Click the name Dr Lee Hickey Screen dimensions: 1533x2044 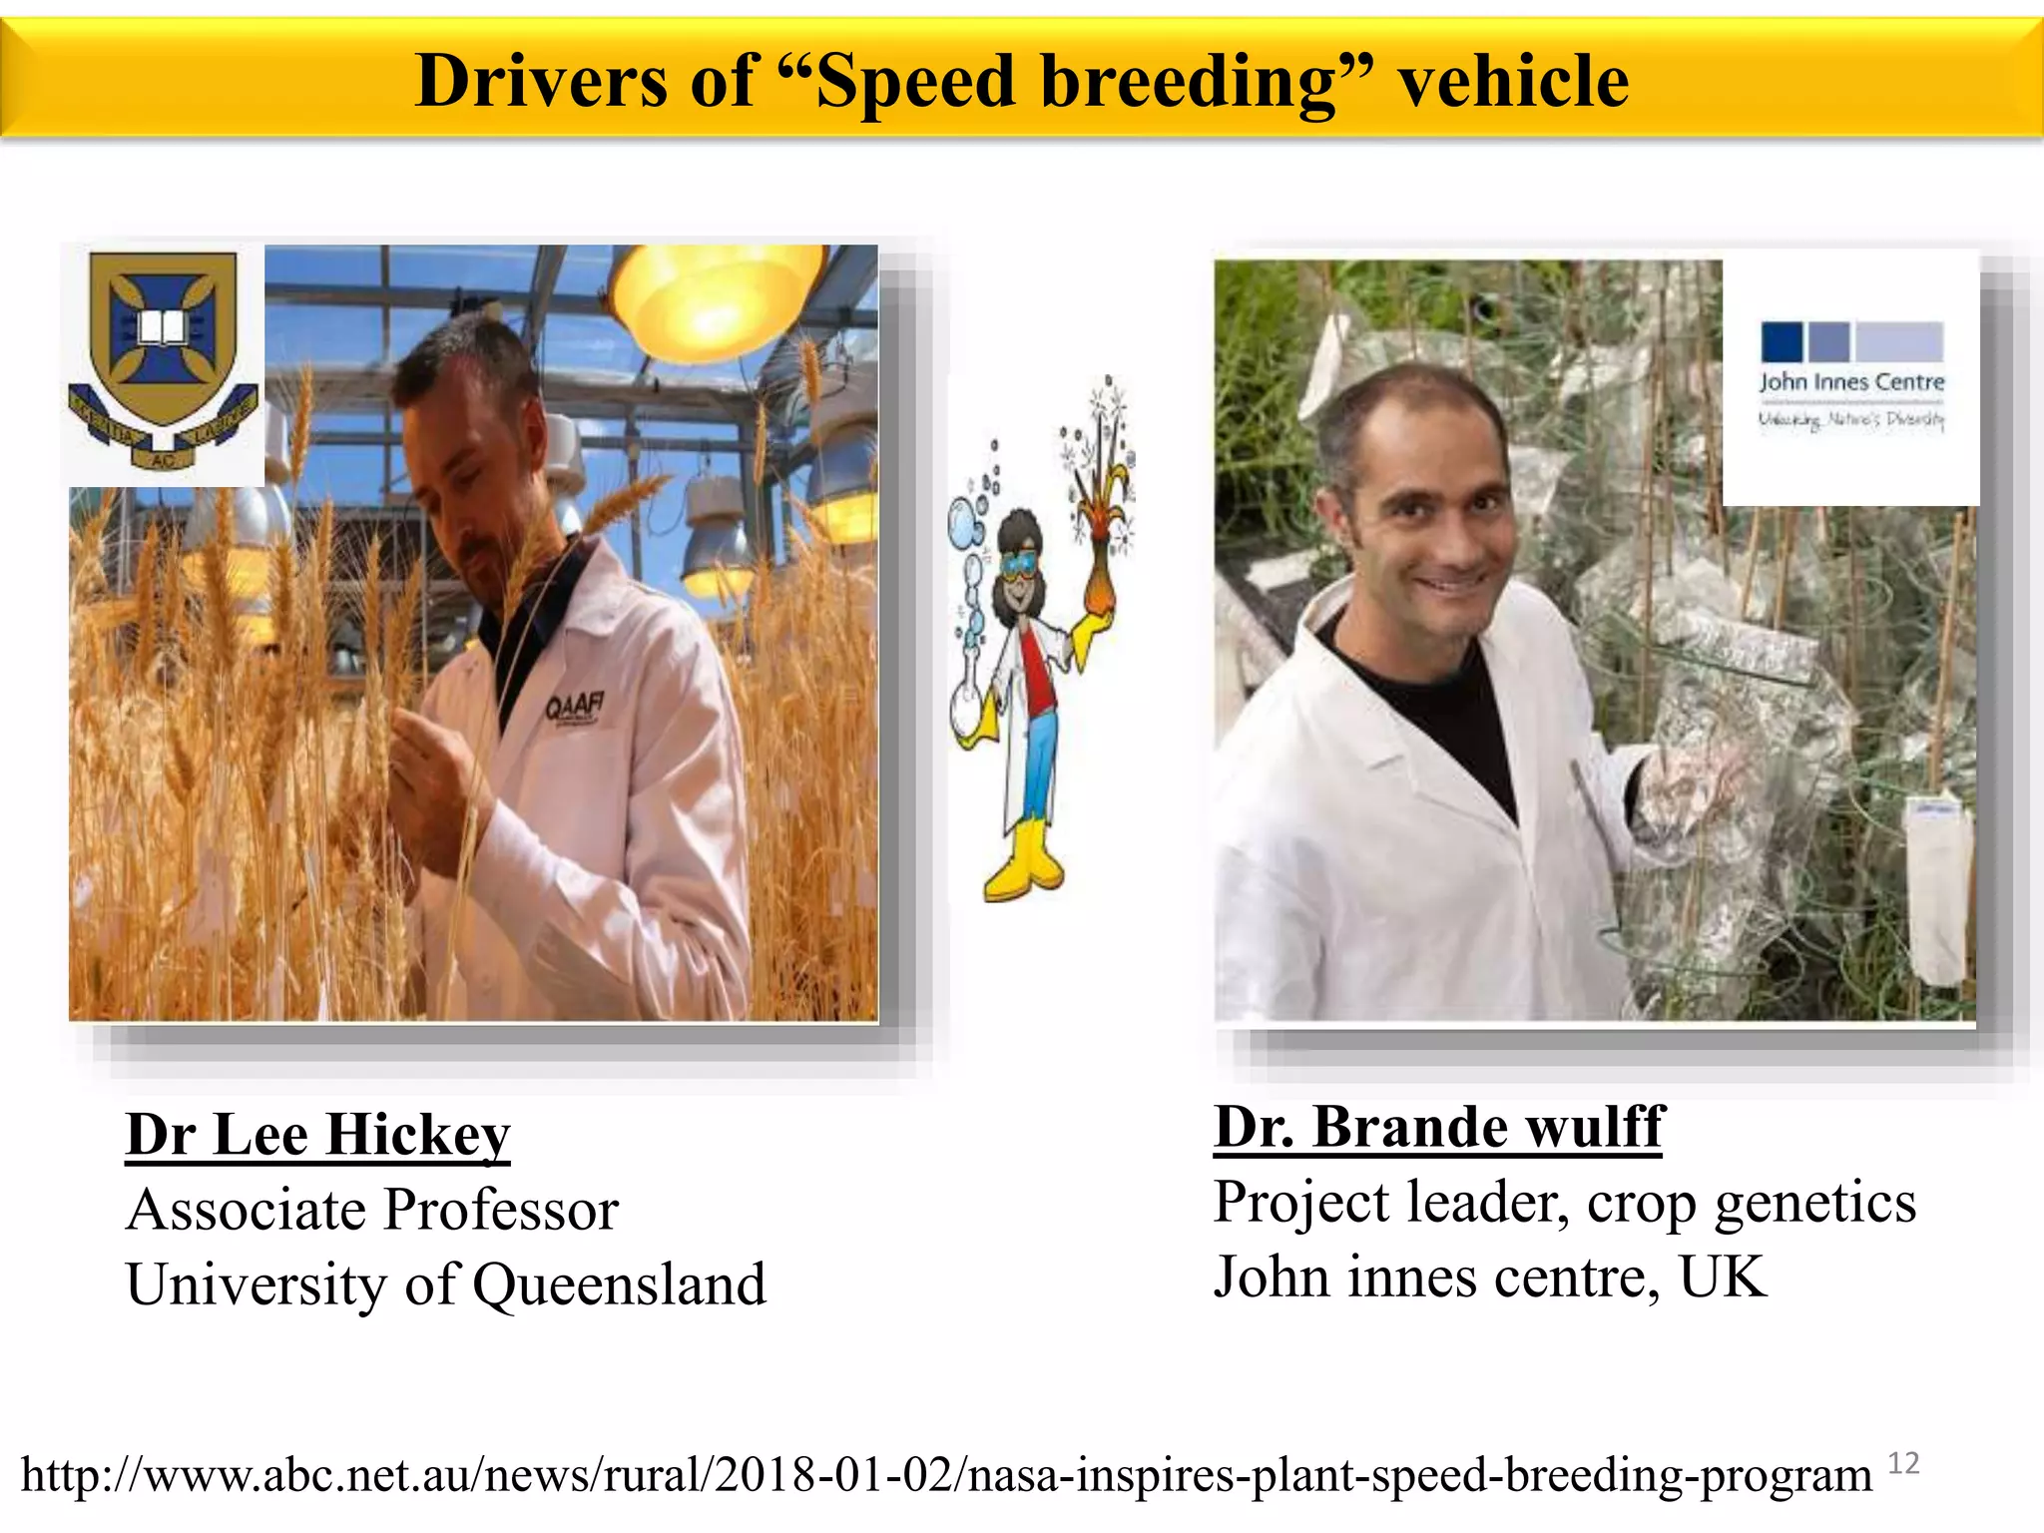(317, 1135)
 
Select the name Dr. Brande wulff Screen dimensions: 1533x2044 (1438, 1127)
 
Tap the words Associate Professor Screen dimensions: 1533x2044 (372, 1210)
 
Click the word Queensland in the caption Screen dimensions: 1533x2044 (619, 1284)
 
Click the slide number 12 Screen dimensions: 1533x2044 (1903, 1463)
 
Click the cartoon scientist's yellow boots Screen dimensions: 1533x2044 (1024, 862)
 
